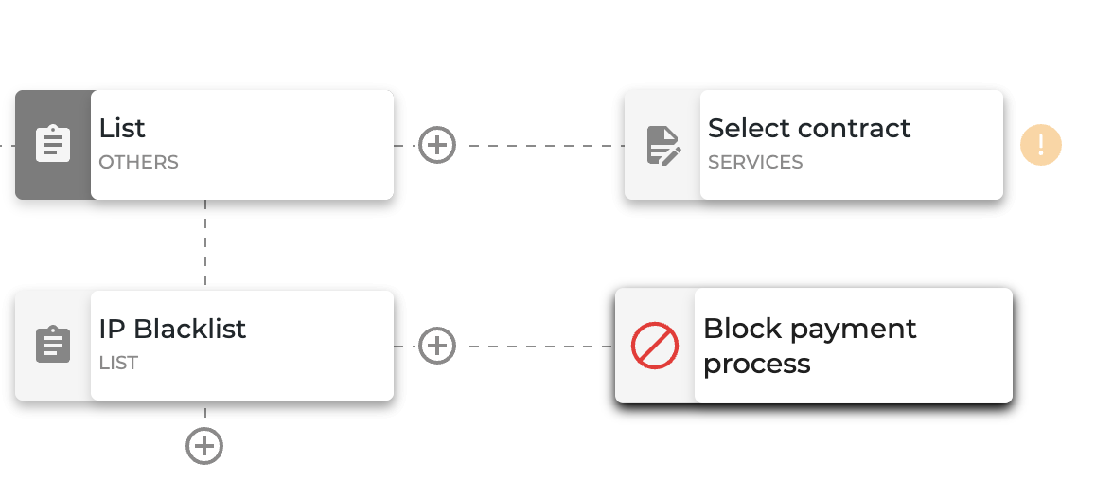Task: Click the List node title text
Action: pos(122,129)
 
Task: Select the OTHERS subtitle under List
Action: pos(138,162)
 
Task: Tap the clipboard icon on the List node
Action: pos(53,144)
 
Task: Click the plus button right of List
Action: pos(436,145)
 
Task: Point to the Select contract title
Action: pos(809,129)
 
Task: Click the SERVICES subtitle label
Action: pos(755,162)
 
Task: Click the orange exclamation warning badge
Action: pos(1041,145)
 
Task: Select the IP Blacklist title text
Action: pos(172,329)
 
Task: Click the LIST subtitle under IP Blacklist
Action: pos(118,363)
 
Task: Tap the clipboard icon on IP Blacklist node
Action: pos(53,345)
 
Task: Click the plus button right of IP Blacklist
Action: pos(436,346)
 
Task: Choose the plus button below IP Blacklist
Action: pos(204,446)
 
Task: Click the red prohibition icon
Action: pos(655,346)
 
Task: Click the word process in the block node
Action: pos(757,365)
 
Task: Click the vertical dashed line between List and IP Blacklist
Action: pos(205,243)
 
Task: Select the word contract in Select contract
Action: pos(854,130)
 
